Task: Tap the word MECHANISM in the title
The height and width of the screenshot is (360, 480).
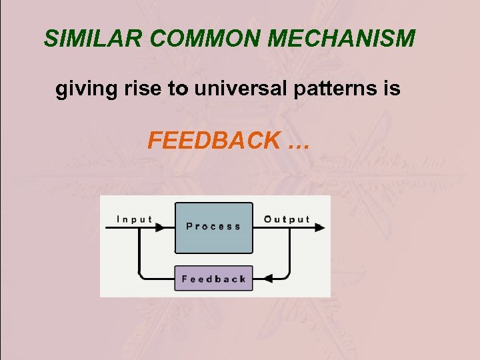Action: click(x=343, y=39)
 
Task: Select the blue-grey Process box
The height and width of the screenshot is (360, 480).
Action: click(x=213, y=227)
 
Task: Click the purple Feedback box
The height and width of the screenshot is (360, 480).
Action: click(x=213, y=279)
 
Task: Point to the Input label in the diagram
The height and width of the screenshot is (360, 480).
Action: click(x=134, y=219)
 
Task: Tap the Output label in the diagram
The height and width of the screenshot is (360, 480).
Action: click(x=287, y=219)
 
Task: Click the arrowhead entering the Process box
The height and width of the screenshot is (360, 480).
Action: click(x=161, y=227)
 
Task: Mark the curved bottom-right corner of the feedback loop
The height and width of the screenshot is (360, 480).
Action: click(x=286, y=273)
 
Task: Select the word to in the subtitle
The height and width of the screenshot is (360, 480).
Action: click(x=178, y=89)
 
